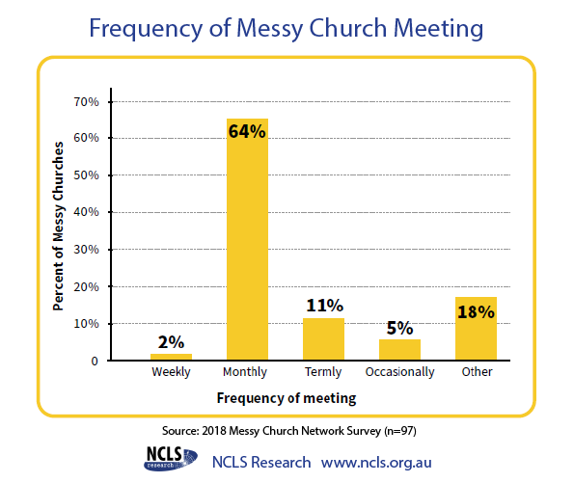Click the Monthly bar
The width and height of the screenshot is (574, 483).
point(247,239)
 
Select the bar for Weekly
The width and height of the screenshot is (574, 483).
point(171,357)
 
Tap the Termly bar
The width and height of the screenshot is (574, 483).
point(323,339)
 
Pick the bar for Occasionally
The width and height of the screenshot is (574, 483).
point(399,350)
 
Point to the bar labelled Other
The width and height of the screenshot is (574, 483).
point(476,329)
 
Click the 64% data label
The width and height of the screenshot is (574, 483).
point(247,131)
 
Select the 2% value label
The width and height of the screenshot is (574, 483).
point(171,342)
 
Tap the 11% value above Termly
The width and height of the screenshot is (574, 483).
point(325,306)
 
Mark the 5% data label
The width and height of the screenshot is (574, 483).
point(399,328)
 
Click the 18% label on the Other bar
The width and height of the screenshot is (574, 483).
point(476,311)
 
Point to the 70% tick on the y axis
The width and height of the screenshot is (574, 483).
point(87,102)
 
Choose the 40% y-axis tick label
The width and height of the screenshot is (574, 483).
point(87,212)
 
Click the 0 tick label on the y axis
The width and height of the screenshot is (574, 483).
point(95,362)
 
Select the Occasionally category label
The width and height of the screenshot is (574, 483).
point(399,372)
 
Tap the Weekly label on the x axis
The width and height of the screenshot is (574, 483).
point(171,372)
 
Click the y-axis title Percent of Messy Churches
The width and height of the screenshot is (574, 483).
point(58,227)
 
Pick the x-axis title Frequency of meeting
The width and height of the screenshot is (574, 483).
point(287,398)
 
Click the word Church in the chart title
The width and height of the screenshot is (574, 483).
point(347,28)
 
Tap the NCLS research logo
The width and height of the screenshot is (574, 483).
point(171,458)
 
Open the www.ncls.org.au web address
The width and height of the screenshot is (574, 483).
point(376,463)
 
